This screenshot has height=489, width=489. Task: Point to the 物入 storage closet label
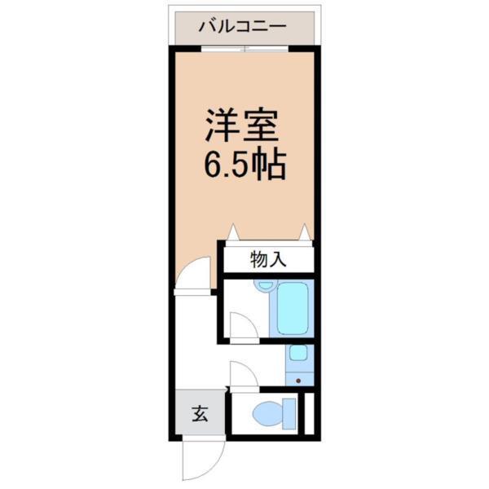pos(267,260)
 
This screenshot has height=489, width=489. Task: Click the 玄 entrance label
pos(199,413)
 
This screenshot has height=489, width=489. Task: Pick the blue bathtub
pos(294,307)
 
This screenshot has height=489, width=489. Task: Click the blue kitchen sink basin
pos(298,354)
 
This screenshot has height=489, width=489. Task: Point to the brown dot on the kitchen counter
pos(298,381)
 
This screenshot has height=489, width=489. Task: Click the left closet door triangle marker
pos(233,231)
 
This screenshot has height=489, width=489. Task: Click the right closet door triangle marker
pos(306,231)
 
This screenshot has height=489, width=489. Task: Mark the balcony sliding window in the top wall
pos(245,49)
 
